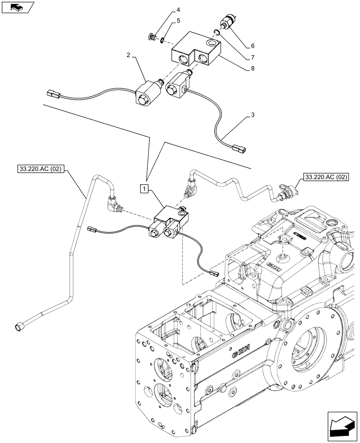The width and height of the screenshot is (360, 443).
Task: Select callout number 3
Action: coord(252,116)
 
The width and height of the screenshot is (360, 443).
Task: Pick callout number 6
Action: coord(252,46)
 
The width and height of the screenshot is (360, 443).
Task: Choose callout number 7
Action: coord(252,57)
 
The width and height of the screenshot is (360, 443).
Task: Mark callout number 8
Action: coord(252,69)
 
